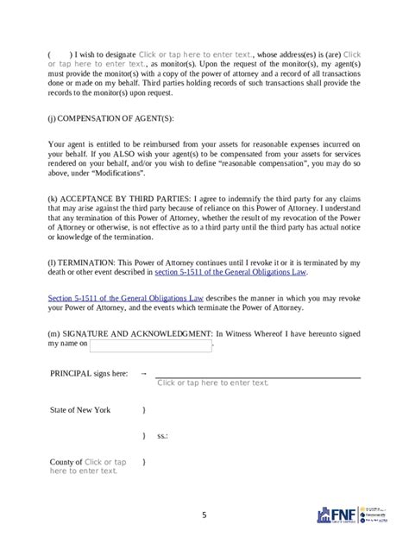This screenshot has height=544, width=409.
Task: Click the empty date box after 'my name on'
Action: point(150,345)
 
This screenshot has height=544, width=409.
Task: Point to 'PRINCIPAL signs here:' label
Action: point(89,374)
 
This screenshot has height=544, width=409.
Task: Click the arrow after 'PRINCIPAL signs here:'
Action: point(143,374)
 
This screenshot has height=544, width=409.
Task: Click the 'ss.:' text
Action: point(162,436)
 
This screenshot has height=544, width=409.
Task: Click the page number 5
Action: point(204,516)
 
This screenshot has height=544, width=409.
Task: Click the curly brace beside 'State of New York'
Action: point(143,410)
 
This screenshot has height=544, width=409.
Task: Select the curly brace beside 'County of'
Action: point(143,462)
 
